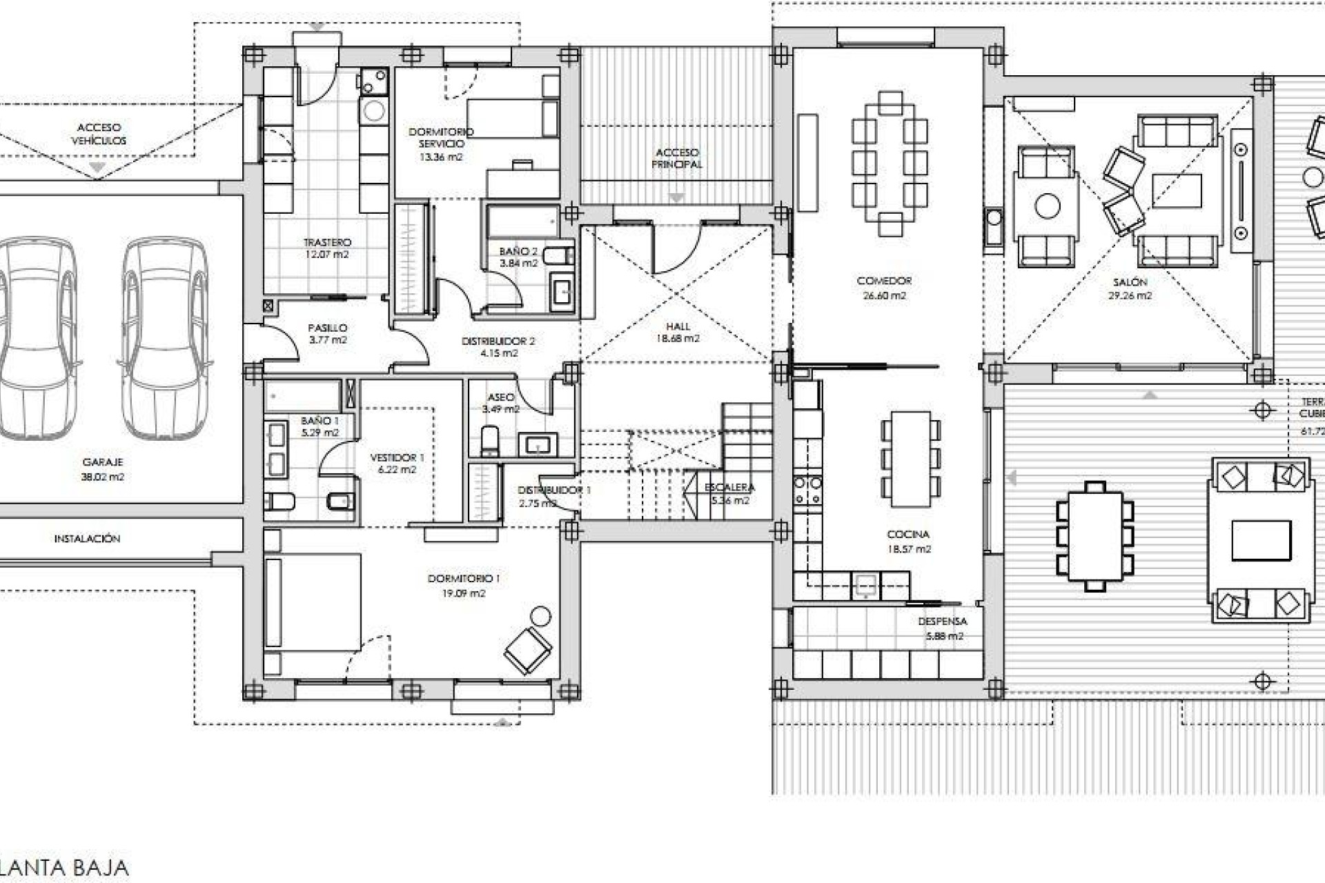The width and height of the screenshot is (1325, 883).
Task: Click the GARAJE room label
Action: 102,462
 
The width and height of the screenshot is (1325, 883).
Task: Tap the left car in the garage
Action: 38,338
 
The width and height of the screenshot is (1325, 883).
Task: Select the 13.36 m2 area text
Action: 441,157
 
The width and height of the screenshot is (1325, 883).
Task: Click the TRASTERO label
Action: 327,242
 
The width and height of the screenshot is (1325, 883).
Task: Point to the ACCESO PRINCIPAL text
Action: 677,158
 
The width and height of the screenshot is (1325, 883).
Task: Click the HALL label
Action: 678,326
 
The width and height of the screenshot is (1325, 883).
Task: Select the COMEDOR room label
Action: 884,281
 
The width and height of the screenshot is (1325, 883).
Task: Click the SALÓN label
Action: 1130,282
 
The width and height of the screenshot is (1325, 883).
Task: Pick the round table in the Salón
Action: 1047,206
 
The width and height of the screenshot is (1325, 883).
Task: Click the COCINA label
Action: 907,534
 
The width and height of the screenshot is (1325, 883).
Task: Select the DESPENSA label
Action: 943,622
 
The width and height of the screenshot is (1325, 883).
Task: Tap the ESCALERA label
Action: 729,488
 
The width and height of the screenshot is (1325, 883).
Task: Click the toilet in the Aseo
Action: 489,440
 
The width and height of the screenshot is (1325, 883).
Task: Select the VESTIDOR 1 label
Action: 397,457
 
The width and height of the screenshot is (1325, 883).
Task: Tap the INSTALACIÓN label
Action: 87,539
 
